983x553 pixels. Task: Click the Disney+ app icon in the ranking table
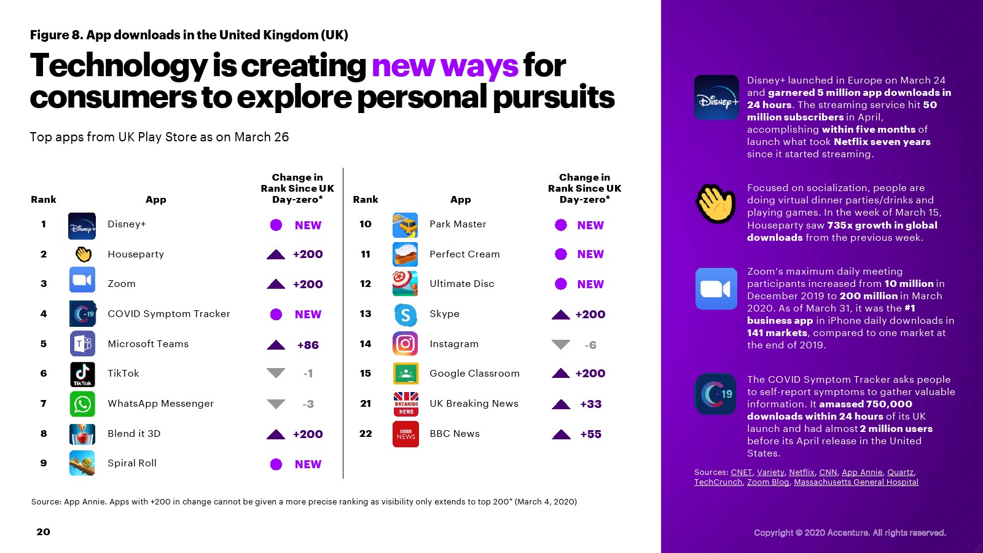(82, 226)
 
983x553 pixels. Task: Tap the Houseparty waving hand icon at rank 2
(83, 254)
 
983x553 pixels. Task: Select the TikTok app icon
(82, 374)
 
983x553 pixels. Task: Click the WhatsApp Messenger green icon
(82, 404)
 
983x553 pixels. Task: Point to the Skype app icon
(405, 315)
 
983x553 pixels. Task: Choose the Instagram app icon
(405, 343)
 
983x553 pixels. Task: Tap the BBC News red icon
(405, 434)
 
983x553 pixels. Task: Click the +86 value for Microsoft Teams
(308, 345)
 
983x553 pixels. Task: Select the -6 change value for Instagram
(590, 345)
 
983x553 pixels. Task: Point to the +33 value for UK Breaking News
(590, 404)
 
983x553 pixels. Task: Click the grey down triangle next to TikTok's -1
(276, 373)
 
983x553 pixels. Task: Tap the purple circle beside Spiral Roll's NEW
(276, 464)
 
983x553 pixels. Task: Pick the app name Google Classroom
(474, 374)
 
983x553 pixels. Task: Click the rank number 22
(366, 434)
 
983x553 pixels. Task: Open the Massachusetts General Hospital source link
(856, 482)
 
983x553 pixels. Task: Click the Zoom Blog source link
(768, 482)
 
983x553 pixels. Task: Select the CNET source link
(741, 473)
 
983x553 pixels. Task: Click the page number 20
(44, 532)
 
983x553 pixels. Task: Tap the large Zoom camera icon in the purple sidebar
(716, 289)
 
